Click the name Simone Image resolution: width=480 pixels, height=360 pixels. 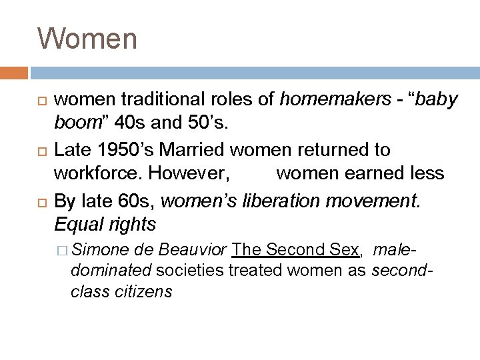click(101, 251)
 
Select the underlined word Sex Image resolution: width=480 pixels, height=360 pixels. click(344, 251)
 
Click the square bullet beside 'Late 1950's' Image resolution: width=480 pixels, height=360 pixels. click(41, 150)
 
